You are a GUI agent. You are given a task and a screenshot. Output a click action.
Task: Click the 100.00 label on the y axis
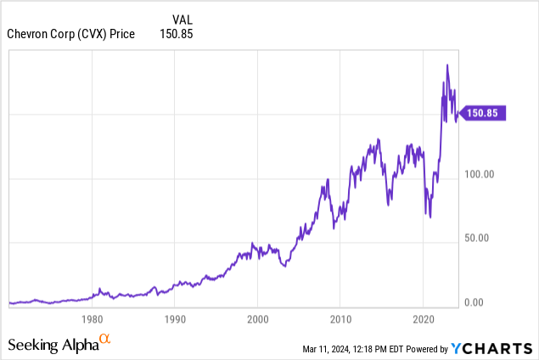(x=484, y=174)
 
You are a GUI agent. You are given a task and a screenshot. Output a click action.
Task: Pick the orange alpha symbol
(x=104, y=340)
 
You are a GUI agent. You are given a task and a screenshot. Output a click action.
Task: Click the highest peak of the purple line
(x=447, y=65)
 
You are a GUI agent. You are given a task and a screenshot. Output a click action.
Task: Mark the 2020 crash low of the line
(x=430, y=217)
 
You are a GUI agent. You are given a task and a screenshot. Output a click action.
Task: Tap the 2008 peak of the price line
(x=328, y=180)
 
